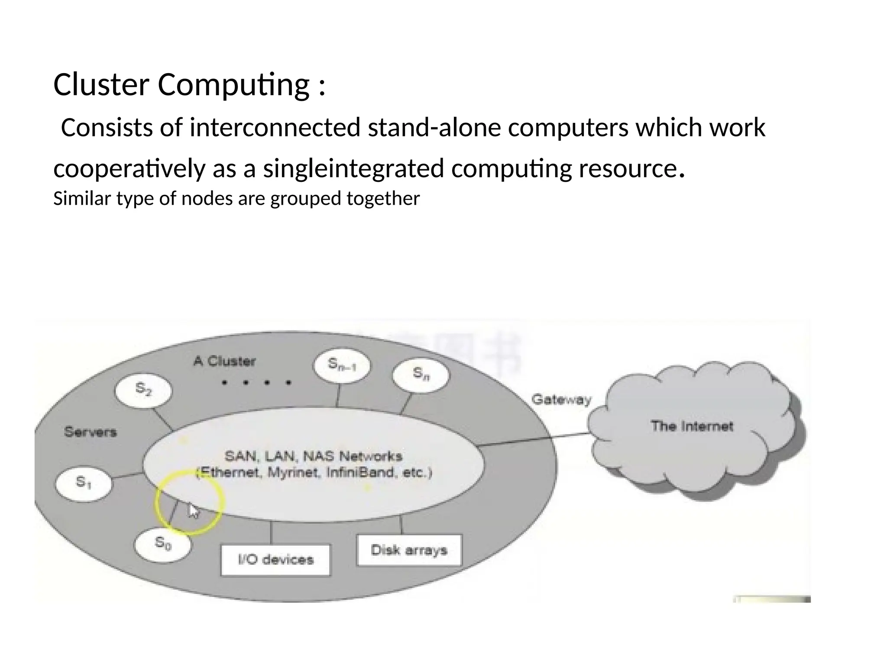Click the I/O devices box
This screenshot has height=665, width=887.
click(275, 559)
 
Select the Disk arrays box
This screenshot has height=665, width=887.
click(409, 550)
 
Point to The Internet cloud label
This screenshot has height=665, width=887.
click(692, 426)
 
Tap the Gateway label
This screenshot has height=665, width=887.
click(561, 399)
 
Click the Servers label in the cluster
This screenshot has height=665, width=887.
click(91, 432)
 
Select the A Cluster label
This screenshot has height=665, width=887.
click(224, 362)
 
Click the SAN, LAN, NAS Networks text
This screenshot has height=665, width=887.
click(313, 456)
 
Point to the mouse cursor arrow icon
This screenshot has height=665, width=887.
click(193, 511)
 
